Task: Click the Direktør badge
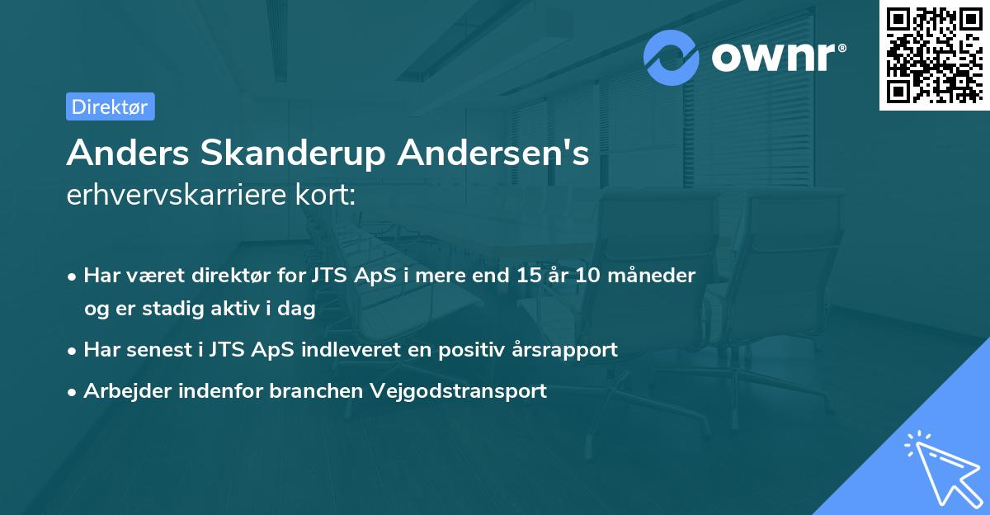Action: click(110, 106)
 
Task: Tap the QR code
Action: click(933, 54)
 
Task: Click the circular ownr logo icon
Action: click(672, 57)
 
